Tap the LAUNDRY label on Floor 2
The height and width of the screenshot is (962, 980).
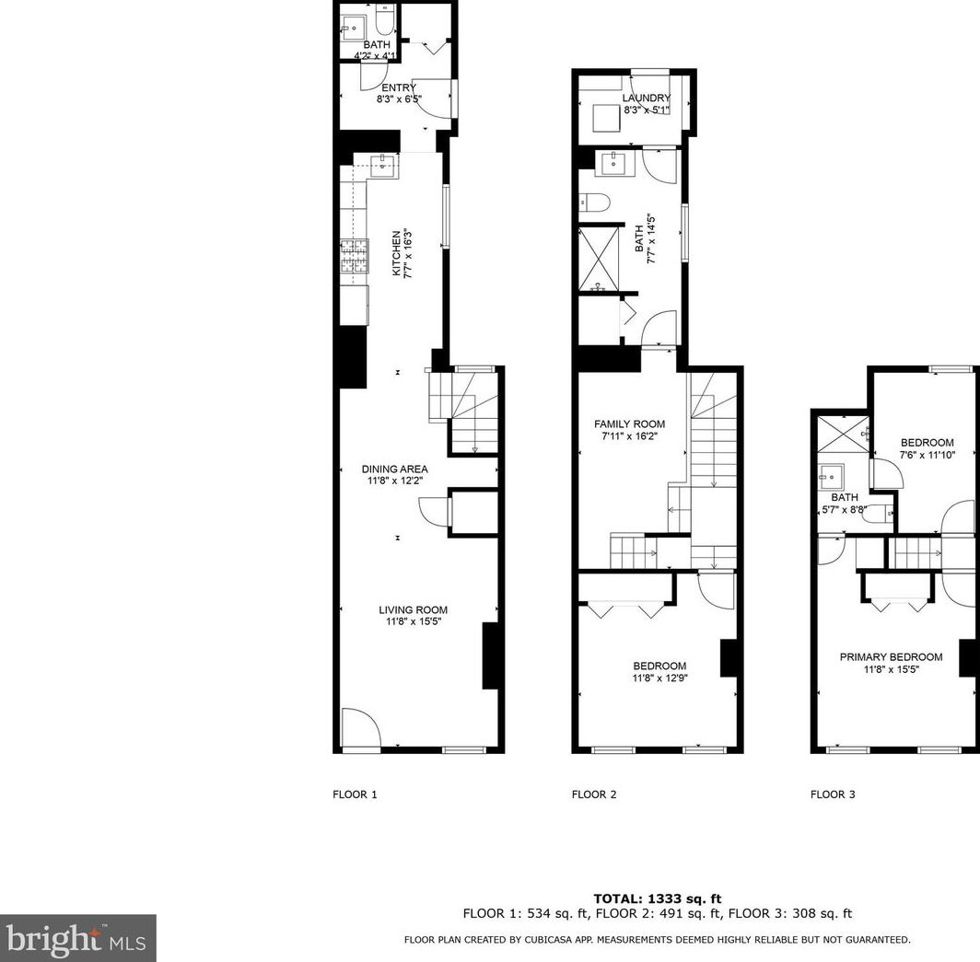point(646,99)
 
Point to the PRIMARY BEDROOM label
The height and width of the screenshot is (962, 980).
point(891,657)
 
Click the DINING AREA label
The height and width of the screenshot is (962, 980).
point(394,469)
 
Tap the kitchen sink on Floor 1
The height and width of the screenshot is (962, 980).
point(383,166)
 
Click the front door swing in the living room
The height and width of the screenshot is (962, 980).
point(359,727)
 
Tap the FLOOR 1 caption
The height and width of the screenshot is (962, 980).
point(355,794)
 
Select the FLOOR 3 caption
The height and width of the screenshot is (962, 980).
point(833,794)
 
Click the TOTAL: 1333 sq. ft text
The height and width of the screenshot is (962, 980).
point(657,898)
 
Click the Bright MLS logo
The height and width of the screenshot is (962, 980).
point(77,938)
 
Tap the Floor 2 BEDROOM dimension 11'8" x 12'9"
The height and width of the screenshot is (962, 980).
point(659,678)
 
